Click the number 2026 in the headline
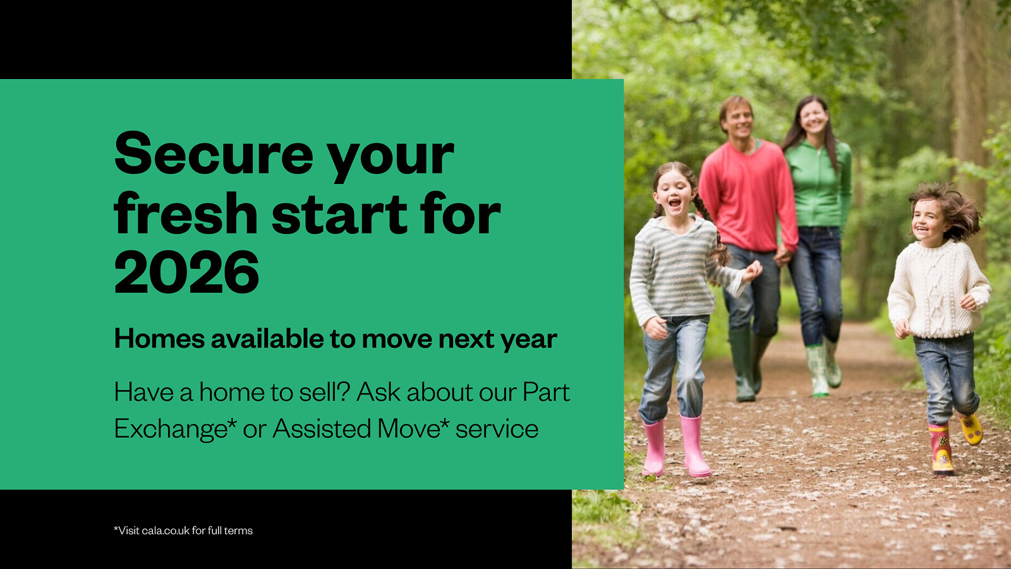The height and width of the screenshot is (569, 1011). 186,272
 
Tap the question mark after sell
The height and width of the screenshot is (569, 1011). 344,391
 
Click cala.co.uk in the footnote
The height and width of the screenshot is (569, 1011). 165,530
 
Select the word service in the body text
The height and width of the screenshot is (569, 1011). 497,429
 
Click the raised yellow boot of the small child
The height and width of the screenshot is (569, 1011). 971,429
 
